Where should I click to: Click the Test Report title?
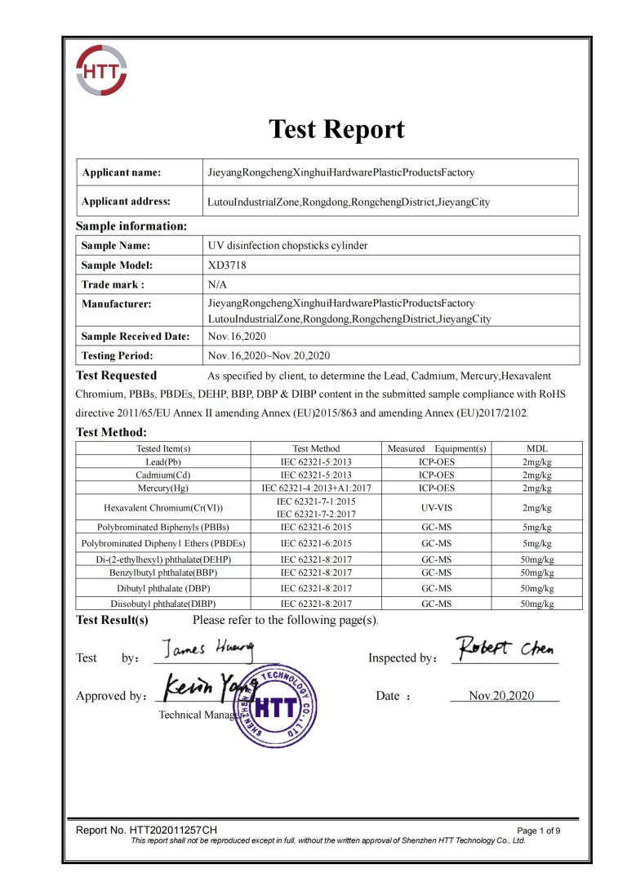point(336,129)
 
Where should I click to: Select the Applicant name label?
point(121,172)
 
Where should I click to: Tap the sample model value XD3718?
point(227,265)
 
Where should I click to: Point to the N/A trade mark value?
point(219,284)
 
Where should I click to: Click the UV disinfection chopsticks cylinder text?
point(288,245)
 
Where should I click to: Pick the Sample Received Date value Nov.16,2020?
point(237,336)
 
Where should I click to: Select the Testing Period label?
point(118,355)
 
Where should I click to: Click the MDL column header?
point(537,448)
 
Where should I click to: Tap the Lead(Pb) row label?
point(163,461)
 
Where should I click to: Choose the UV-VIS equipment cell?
point(436,507)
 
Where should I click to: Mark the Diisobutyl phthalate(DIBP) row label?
point(163,604)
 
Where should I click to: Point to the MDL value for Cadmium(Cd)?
point(537,475)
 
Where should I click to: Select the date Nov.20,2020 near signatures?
point(501,696)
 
